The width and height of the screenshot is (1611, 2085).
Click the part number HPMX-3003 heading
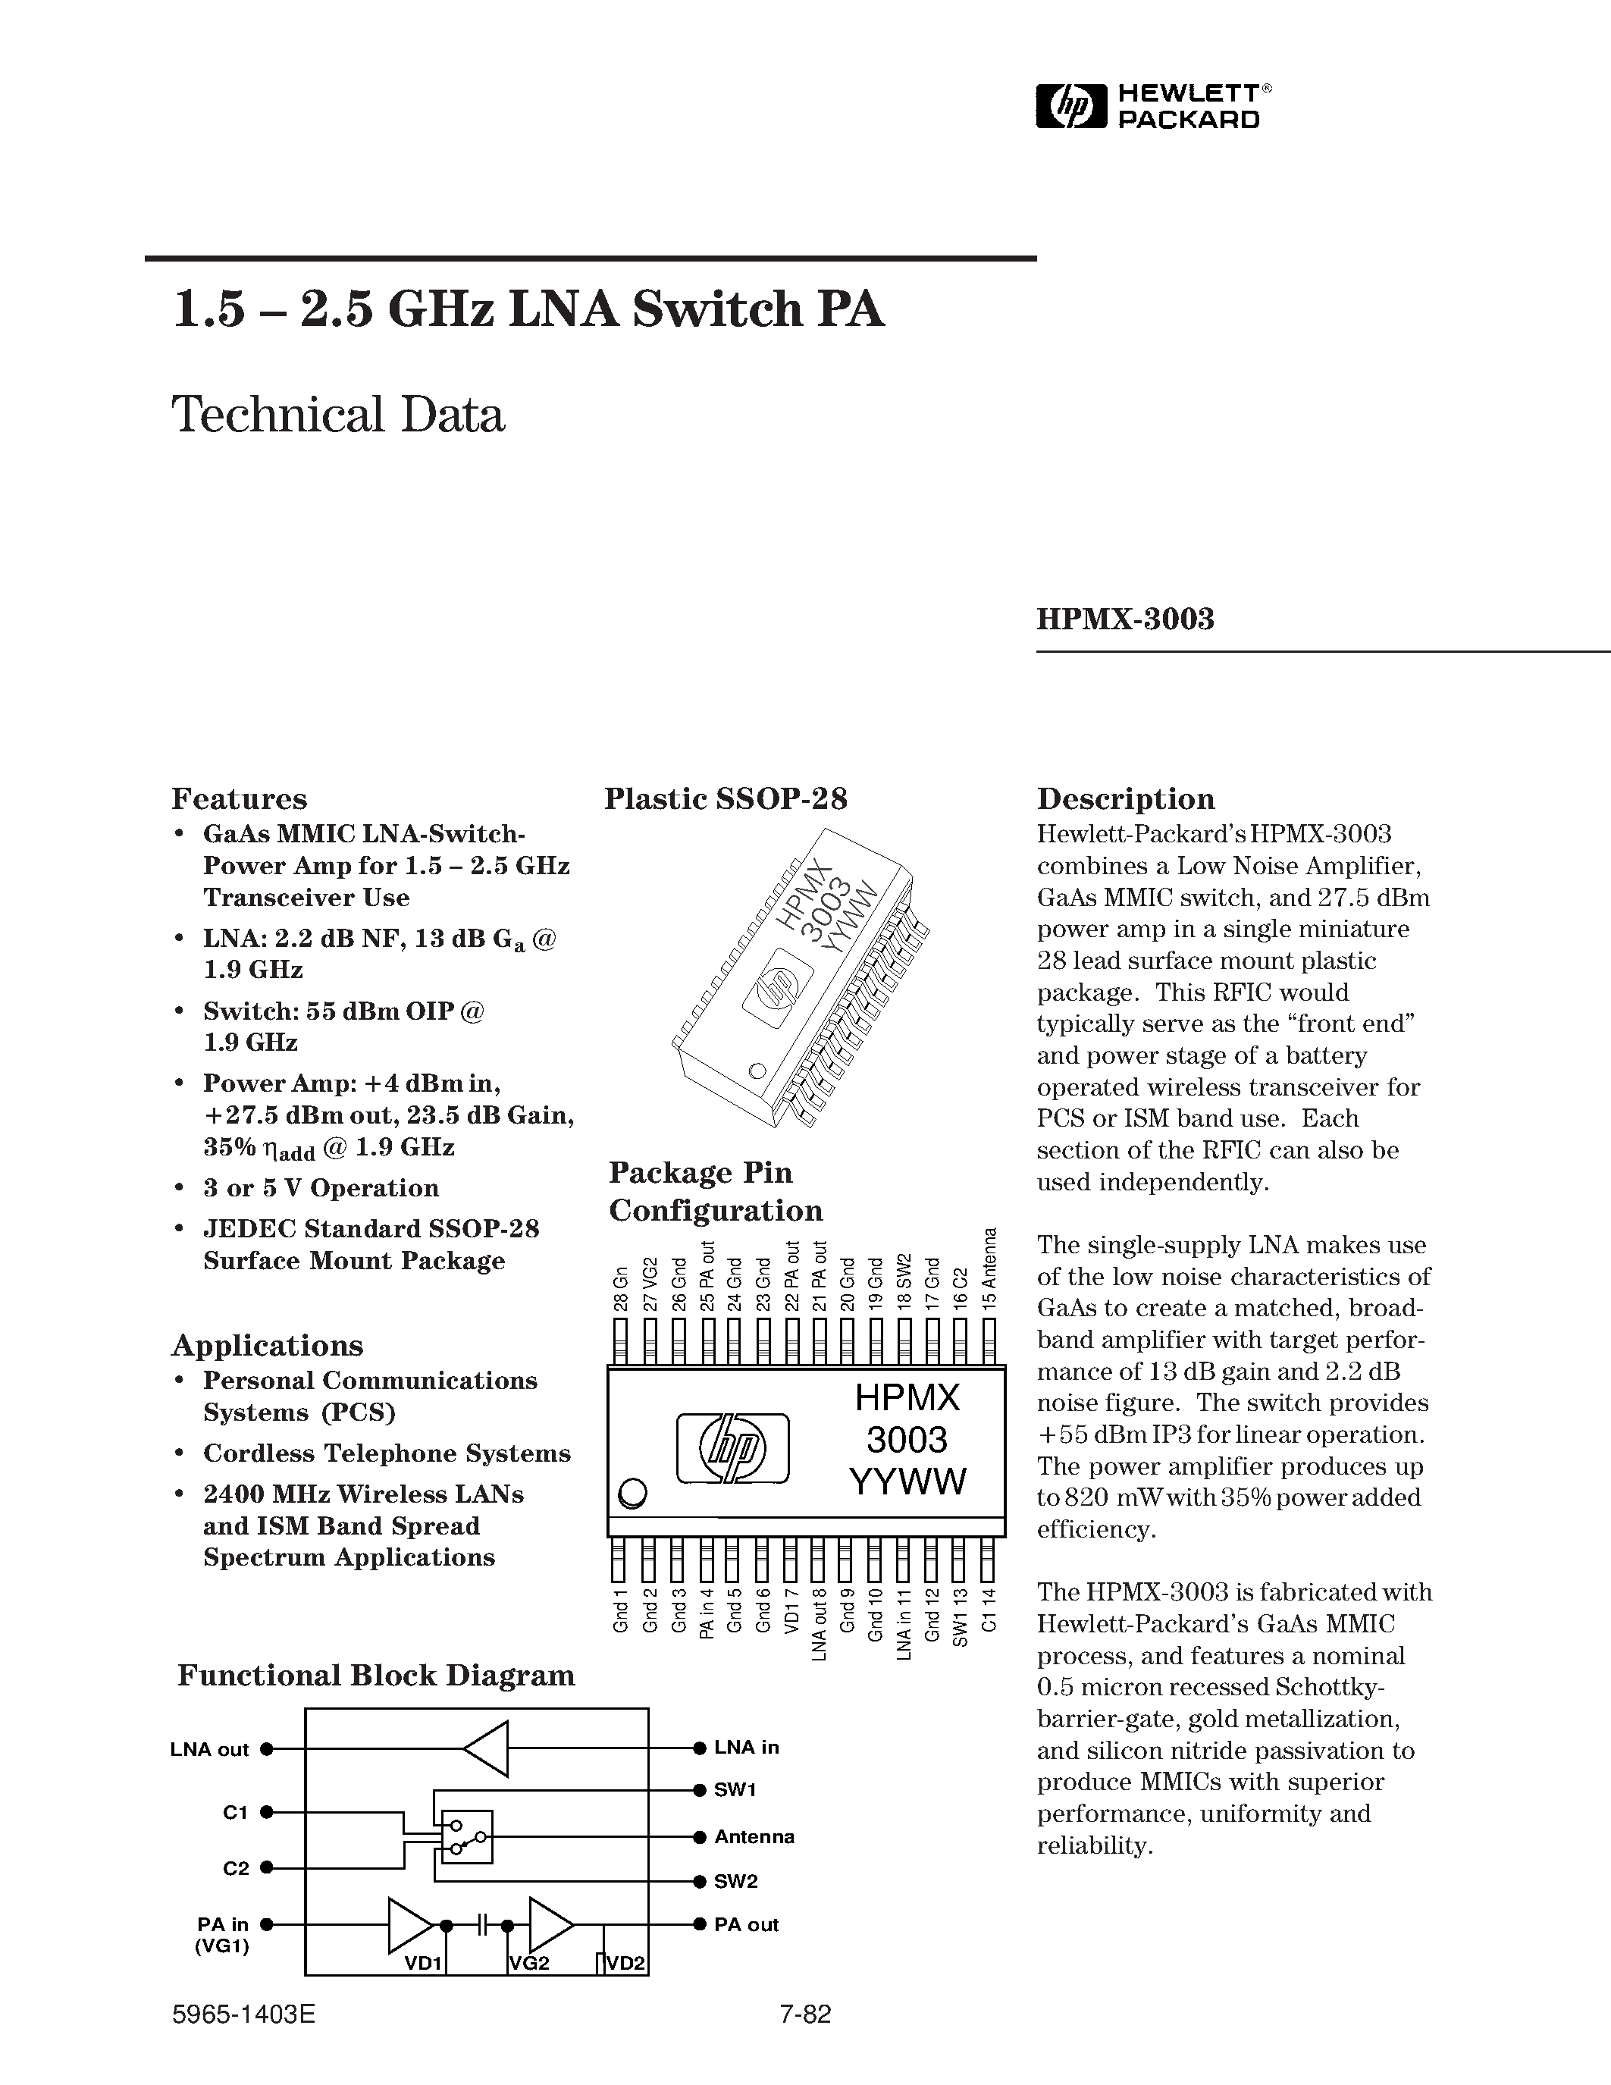click(1125, 619)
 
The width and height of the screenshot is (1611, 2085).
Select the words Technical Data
click(338, 415)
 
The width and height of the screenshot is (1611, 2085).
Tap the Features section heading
click(239, 798)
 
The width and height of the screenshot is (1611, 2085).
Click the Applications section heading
click(267, 1345)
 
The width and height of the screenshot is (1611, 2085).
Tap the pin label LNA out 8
click(819, 1623)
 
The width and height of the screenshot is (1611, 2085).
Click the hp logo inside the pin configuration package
click(733, 1448)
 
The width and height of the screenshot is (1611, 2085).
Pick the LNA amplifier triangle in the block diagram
click(487, 1748)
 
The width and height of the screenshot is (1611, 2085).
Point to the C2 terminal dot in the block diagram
click(267, 1867)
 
